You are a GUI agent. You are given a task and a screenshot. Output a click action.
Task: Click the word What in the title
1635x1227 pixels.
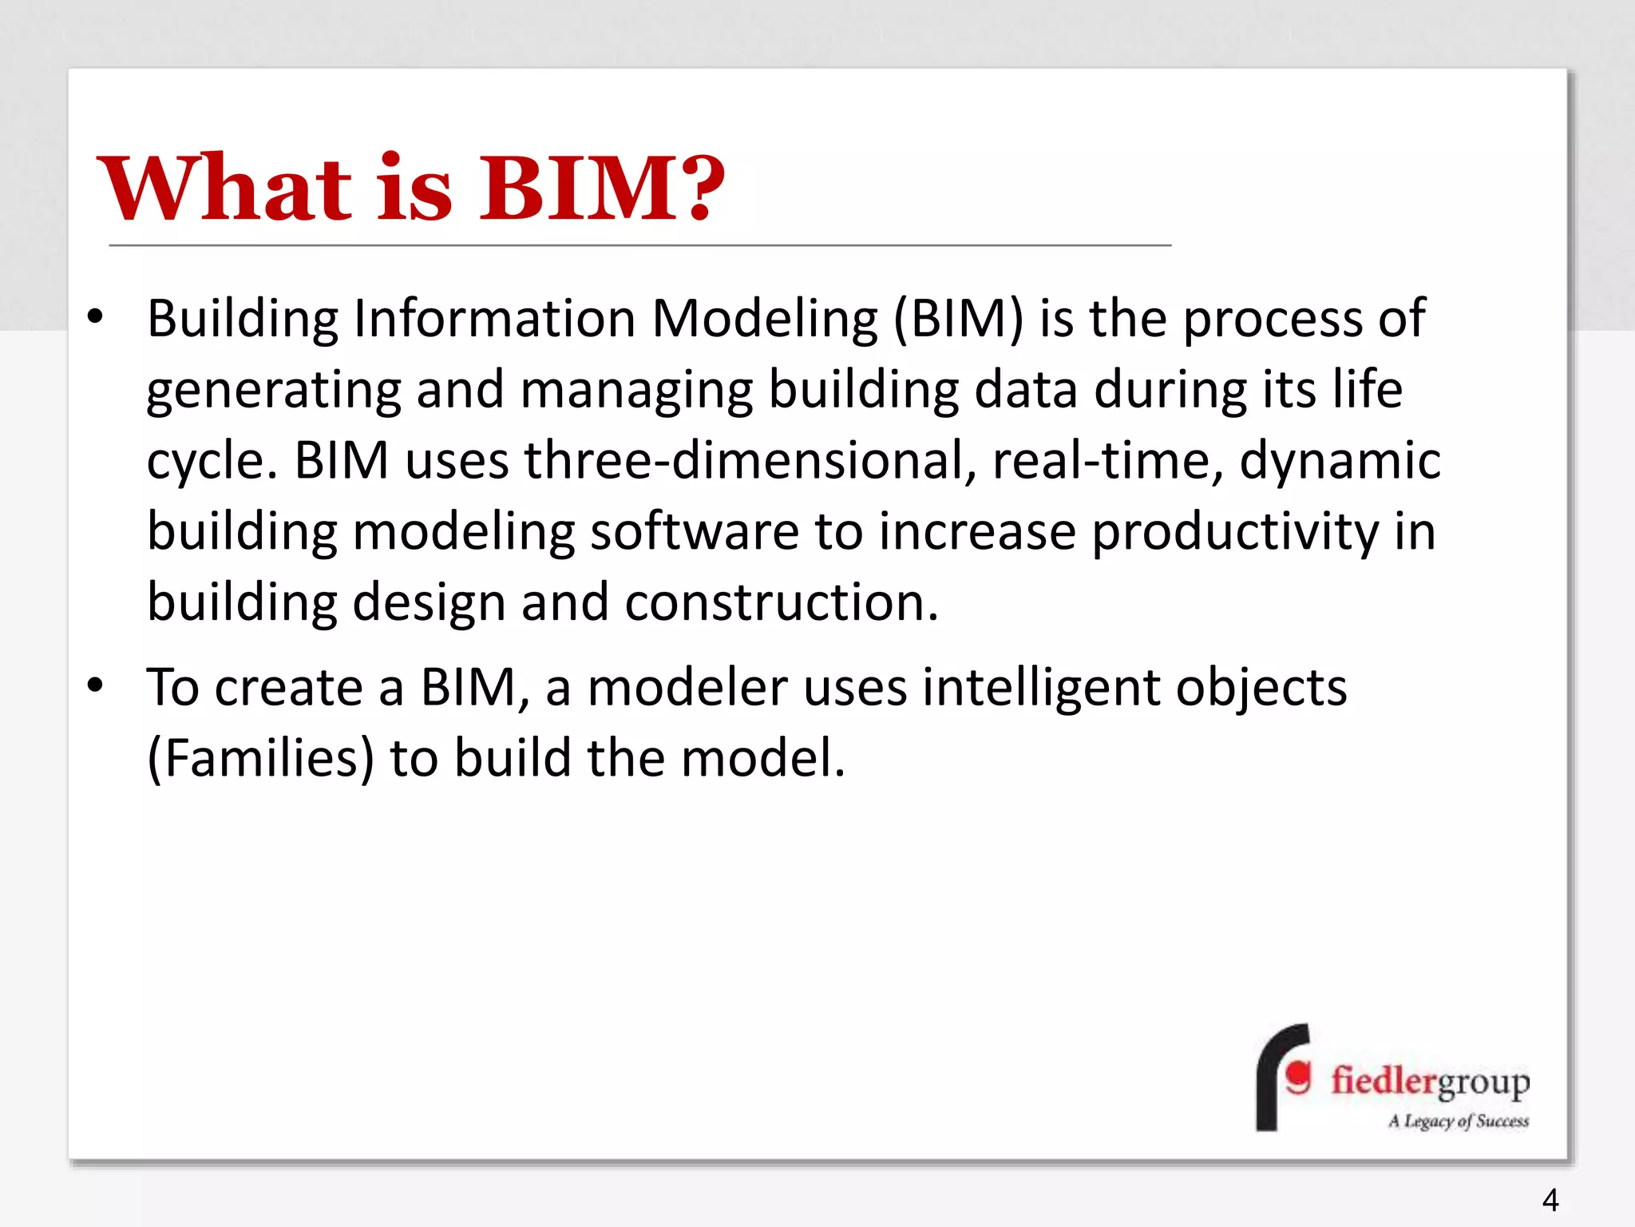224,189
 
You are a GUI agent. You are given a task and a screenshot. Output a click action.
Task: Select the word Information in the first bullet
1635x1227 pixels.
495,319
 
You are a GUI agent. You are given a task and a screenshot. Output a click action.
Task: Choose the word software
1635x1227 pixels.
694,532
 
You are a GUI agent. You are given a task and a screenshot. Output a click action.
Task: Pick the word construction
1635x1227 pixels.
782,602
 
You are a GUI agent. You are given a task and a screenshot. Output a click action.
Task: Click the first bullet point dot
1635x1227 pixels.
96,317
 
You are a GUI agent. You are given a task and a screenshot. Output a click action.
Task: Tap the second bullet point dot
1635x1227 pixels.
96,685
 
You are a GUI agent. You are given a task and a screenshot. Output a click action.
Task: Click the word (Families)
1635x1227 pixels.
260,758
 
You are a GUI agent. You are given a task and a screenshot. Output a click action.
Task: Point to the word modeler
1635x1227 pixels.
687,688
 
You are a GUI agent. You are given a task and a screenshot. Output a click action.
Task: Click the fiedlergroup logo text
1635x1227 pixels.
1430,1082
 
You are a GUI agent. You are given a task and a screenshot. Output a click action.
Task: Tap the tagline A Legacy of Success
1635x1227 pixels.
1459,1121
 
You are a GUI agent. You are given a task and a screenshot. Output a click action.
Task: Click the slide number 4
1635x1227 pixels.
1550,1200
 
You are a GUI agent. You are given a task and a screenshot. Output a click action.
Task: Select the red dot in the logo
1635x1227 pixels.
1299,1076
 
